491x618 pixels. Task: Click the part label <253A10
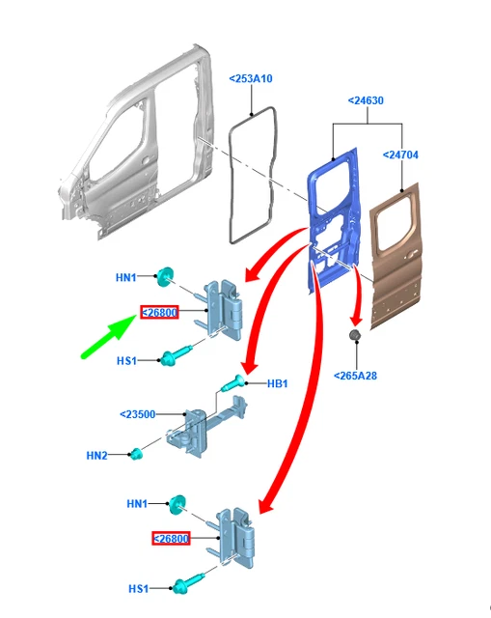251,79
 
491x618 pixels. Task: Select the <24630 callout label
366,100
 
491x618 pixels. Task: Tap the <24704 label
400,154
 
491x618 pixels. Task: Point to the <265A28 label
355,376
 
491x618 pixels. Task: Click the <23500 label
137,414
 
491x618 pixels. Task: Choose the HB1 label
277,383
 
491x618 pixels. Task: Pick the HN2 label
96,456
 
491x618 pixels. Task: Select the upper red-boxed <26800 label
159,313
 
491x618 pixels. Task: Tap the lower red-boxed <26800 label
171,539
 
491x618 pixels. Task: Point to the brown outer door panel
396,256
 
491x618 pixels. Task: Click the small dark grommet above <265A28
355,335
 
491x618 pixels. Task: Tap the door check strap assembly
206,428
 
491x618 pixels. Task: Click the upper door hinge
223,309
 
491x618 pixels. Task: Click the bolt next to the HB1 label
233,383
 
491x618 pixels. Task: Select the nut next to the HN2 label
136,455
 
